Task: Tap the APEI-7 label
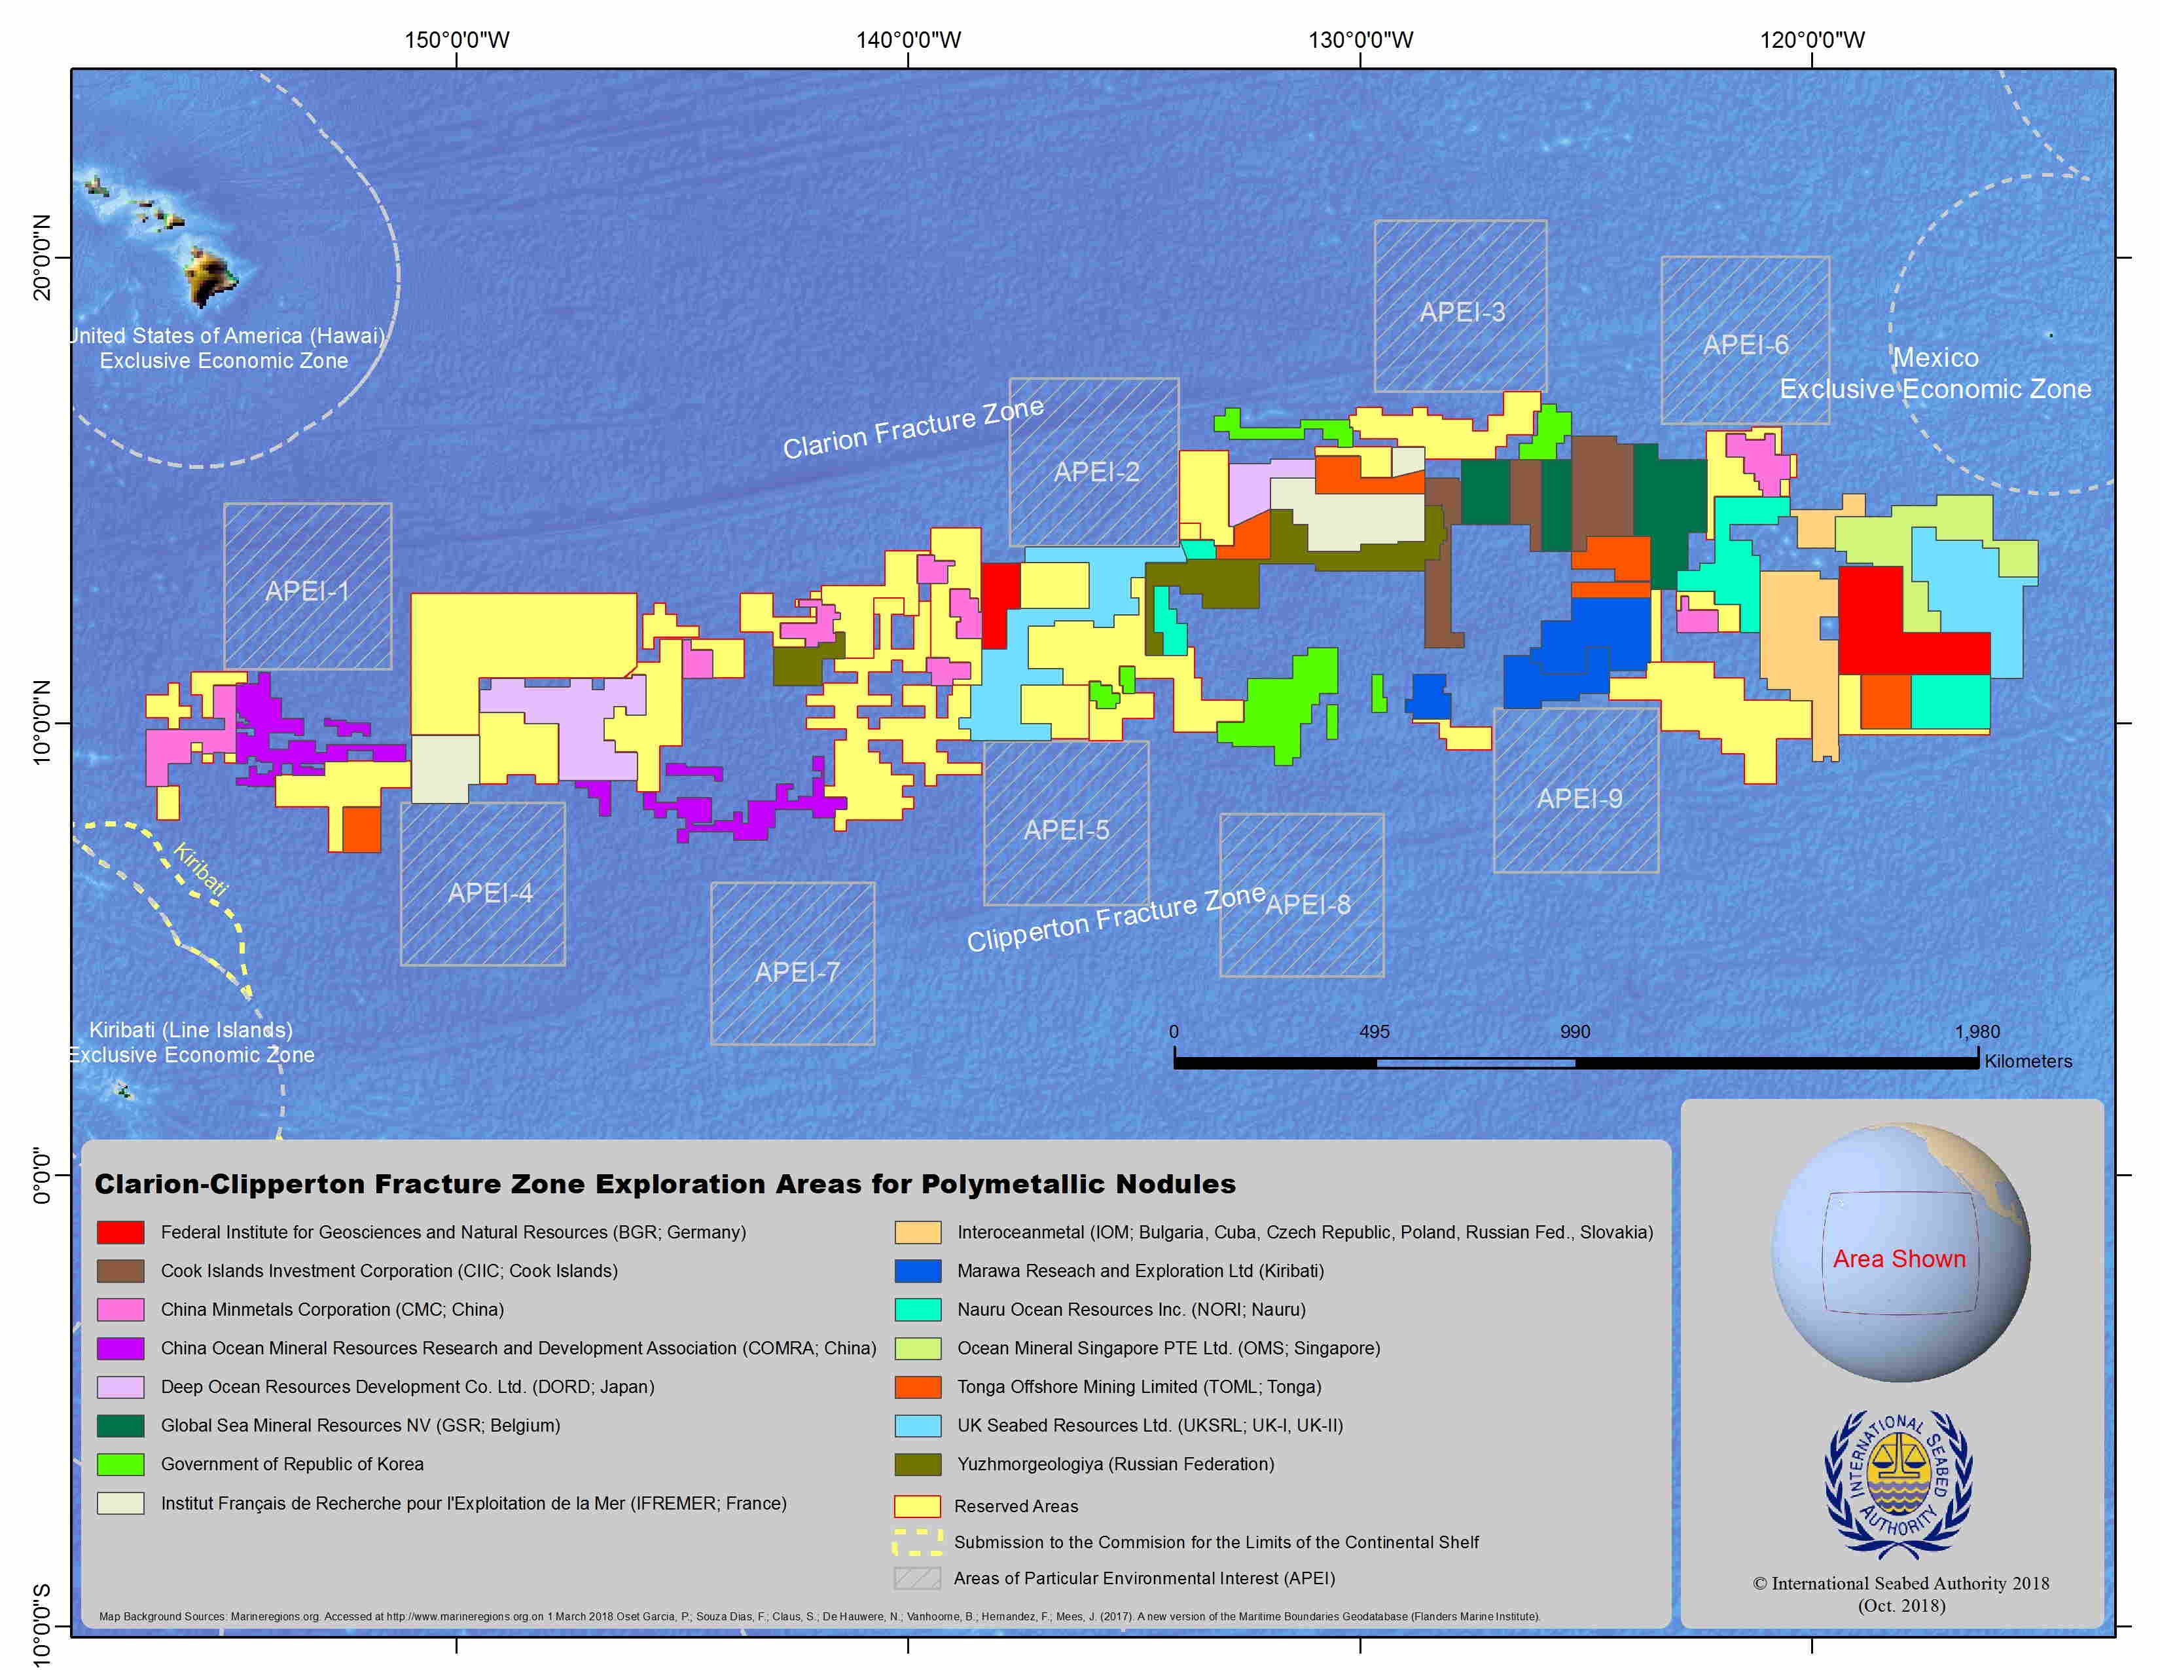(797, 973)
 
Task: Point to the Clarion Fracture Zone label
(913, 428)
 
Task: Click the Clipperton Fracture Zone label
(1115, 918)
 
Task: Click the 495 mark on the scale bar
(1374, 1032)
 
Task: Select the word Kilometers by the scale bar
(2028, 1062)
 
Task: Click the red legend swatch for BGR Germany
(120, 1232)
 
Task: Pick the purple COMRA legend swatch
(120, 1348)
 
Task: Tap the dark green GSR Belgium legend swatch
(120, 1424)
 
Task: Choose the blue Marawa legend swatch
(918, 1271)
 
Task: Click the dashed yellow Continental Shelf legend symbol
(918, 1542)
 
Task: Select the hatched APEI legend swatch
(918, 1578)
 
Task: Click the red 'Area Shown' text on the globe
(1899, 1259)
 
